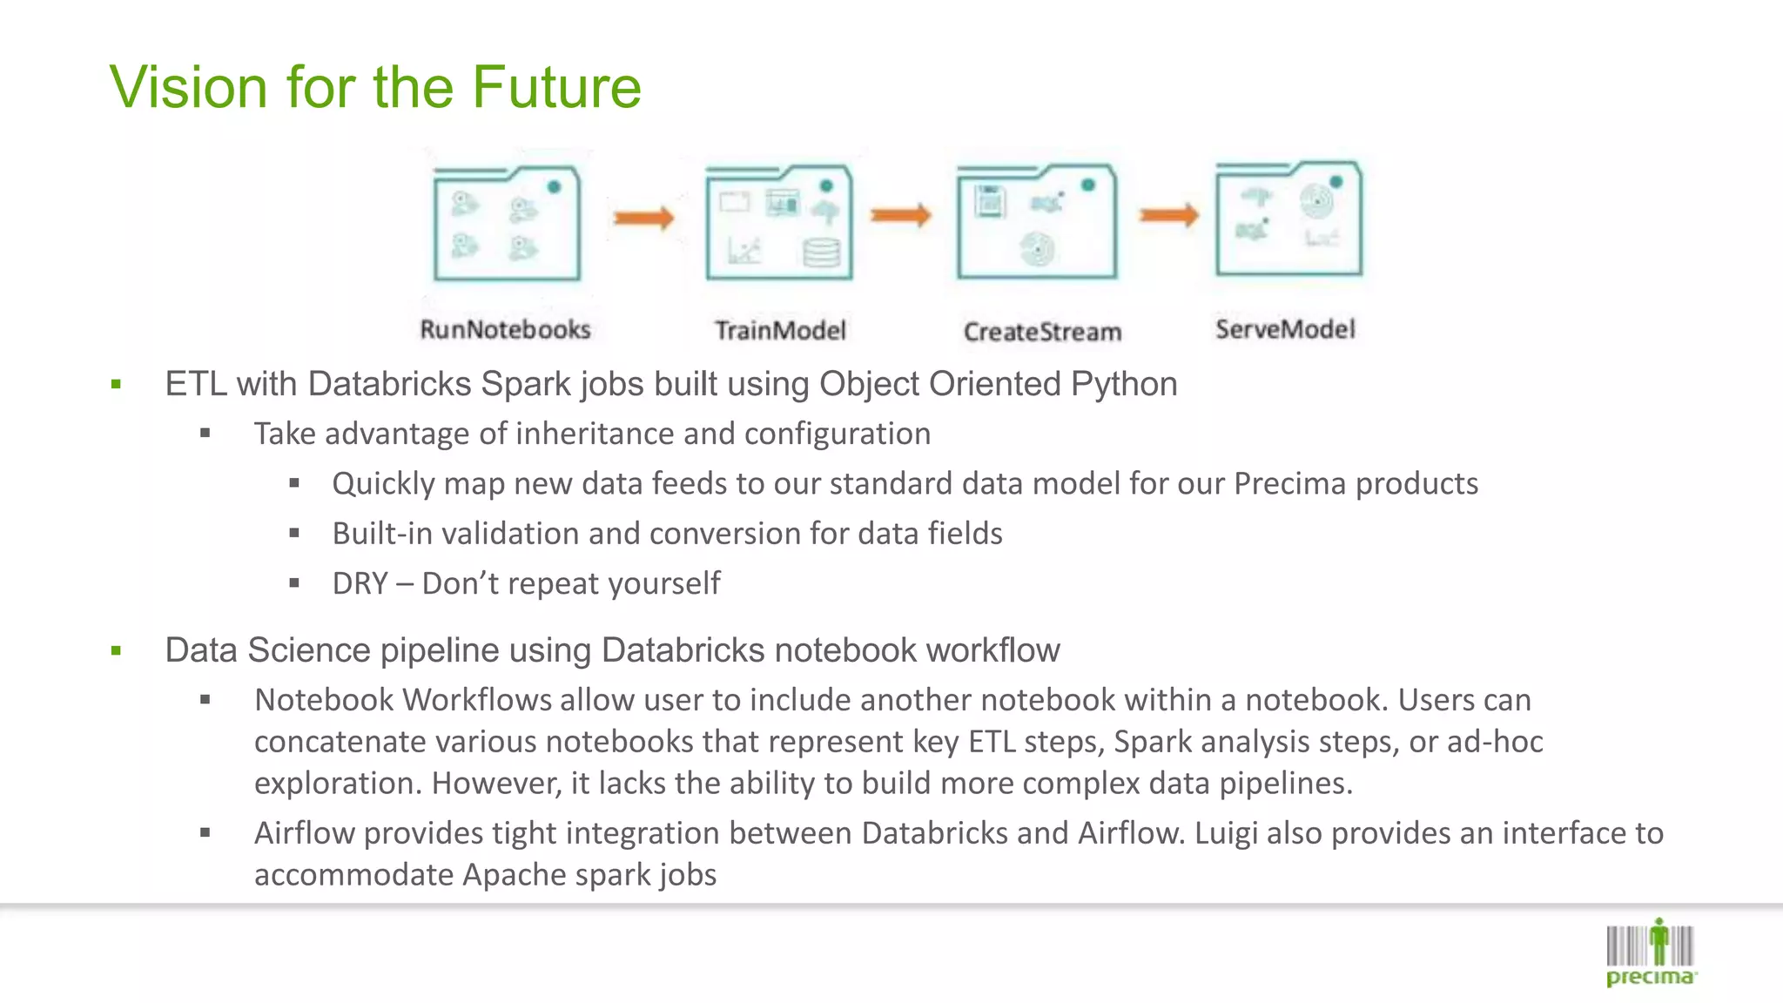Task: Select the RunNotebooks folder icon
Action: pos(507,224)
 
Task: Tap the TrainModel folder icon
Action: pos(779,223)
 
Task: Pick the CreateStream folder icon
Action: pos(1036,222)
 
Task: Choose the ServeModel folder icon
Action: pos(1288,219)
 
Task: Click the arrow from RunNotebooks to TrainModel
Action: pos(643,218)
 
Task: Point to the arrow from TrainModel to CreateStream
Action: pos(901,215)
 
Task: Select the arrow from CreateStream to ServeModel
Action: pos(1169,215)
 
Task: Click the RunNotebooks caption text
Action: pos(505,330)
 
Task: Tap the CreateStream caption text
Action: pos(1042,332)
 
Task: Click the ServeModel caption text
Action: pos(1285,329)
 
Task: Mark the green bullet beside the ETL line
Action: pos(116,384)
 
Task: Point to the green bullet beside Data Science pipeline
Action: pos(116,650)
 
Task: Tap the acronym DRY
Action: pos(360,583)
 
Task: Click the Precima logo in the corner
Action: pos(1650,953)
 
